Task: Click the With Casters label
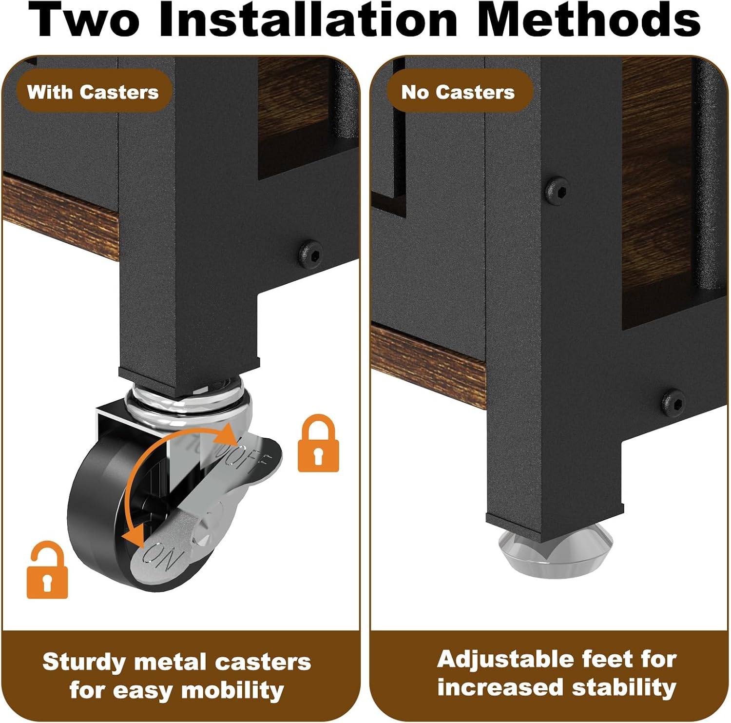click(93, 92)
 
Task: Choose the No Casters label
click(458, 92)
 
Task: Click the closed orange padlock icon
click(318, 443)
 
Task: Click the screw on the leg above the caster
click(310, 254)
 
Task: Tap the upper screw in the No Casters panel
click(556, 189)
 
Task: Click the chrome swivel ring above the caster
click(188, 397)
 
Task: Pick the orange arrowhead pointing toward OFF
click(229, 433)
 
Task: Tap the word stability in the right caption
click(624, 687)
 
